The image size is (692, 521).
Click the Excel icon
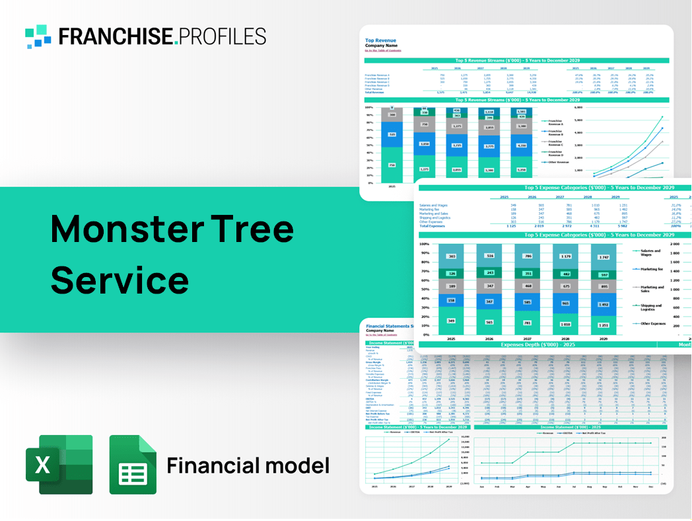pos(59,464)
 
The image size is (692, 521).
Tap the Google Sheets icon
pos(133,464)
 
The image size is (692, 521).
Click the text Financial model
pos(248,465)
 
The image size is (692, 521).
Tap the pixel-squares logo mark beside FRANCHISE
pos(38,36)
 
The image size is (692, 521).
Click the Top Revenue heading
pos(380,39)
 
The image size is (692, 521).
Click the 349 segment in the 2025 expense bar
pos(451,321)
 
